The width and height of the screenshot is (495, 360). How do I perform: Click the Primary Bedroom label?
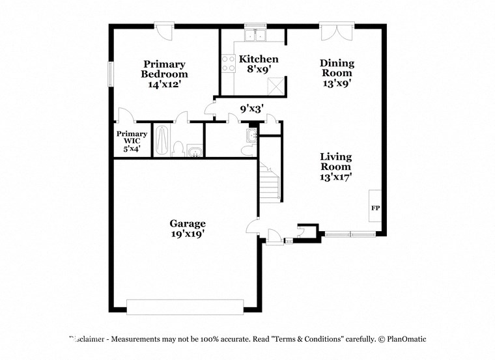pyautogui.click(x=165, y=69)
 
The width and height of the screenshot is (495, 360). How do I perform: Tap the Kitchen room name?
pyautogui.click(x=259, y=59)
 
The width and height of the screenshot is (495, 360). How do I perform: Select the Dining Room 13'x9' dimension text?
pyautogui.click(x=337, y=83)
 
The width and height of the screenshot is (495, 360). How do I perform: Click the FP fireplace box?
pyautogui.click(x=375, y=208)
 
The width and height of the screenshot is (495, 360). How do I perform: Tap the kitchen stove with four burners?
pyautogui.click(x=229, y=63)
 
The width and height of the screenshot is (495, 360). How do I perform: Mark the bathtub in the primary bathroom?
pyautogui.click(x=162, y=139)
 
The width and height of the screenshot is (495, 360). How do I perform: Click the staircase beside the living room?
pyautogui.click(x=270, y=182)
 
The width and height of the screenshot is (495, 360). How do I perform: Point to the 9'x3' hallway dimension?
pyautogui.click(x=251, y=109)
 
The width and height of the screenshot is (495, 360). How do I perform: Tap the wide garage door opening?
pyautogui.click(x=185, y=307)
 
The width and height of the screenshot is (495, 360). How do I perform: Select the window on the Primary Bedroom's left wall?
pyautogui.click(x=111, y=74)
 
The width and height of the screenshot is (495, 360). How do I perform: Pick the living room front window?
pyautogui.click(x=350, y=234)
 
